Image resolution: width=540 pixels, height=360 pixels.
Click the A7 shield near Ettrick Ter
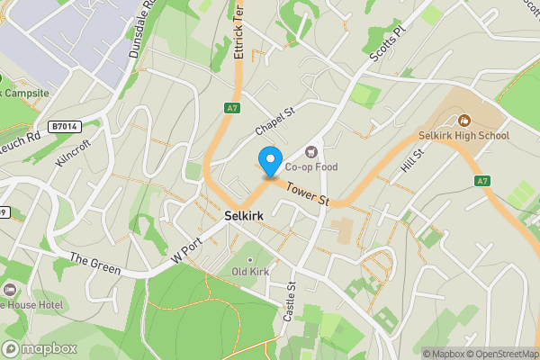coord(232,108)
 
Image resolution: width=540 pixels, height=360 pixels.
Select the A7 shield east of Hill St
coord(483,181)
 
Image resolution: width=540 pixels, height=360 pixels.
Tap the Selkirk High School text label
coord(464,136)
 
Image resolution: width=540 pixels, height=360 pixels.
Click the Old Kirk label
coord(251,271)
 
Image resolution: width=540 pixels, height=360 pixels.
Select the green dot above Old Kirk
coord(251,259)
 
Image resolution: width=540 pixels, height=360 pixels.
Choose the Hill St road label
coord(413,164)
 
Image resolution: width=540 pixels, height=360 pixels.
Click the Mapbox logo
coord(40,349)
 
